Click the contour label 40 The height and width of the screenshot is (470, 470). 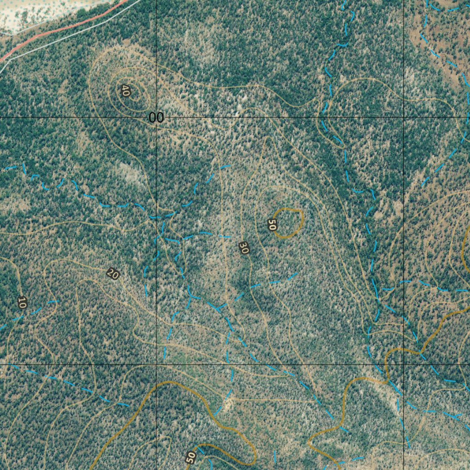coord(125,91)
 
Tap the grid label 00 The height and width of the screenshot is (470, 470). coord(156,118)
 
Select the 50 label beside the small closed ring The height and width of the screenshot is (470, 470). coord(272,225)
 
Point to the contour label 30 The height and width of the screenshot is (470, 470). coord(244,248)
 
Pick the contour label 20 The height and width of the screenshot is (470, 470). coord(112,274)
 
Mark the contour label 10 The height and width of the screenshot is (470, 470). coord(22,302)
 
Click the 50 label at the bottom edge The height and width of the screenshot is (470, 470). coord(191,457)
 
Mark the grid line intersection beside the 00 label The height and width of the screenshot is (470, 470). coord(157,117)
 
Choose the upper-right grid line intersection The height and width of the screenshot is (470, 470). coord(403,117)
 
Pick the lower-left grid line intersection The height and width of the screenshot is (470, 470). coord(157,365)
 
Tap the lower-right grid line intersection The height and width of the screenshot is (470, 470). coord(403,365)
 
